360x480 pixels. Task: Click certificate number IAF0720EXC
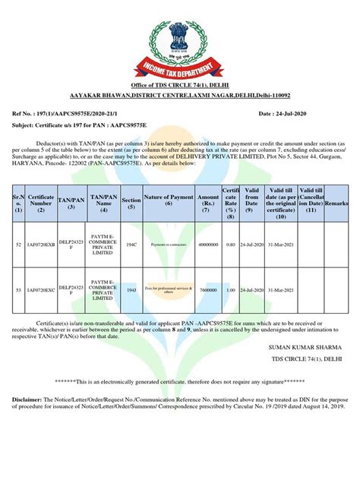(40, 289)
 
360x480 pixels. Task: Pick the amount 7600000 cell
(207, 289)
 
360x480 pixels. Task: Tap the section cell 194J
(131, 289)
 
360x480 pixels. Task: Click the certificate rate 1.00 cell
(231, 289)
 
